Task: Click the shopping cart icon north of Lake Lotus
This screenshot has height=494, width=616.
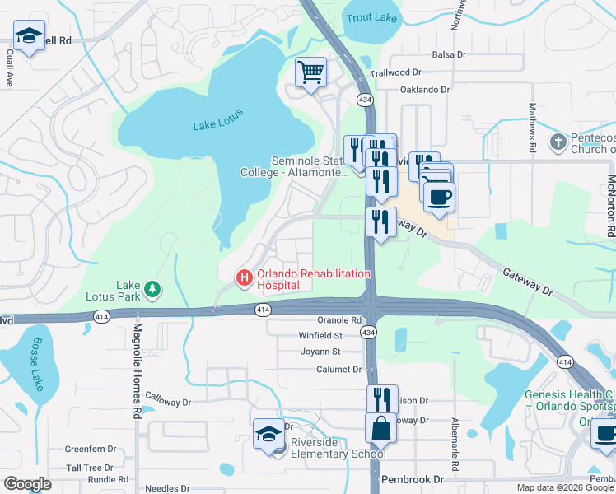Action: click(310, 72)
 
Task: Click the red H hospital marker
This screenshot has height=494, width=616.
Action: click(245, 279)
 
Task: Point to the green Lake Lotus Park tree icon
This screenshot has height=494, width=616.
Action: click(152, 289)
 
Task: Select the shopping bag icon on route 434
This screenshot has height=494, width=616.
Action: click(381, 429)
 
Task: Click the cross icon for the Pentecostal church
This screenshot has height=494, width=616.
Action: click(558, 142)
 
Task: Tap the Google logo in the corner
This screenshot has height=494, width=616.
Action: click(27, 483)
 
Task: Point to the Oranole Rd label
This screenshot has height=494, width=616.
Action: click(340, 320)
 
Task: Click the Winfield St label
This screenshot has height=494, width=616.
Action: click(320, 336)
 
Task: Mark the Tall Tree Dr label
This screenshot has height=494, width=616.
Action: click(89, 468)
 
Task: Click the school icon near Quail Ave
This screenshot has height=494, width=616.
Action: click(29, 35)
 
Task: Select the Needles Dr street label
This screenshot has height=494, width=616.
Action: click(167, 487)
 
